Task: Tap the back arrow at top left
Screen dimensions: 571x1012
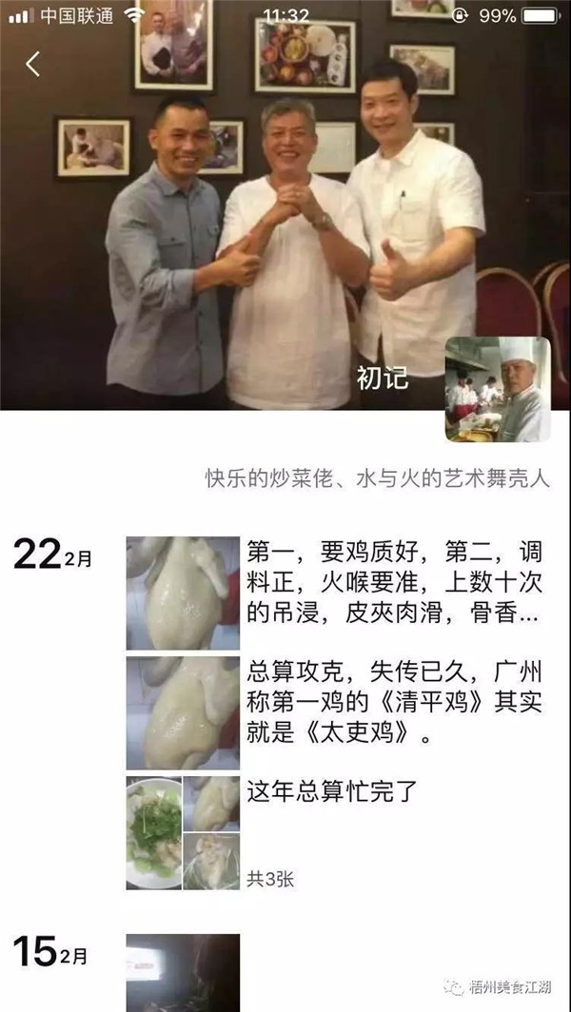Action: point(33,64)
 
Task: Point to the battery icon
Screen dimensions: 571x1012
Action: point(541,15)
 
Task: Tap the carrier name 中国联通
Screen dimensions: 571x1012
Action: point(76,16)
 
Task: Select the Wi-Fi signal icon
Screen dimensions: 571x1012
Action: point(134,15)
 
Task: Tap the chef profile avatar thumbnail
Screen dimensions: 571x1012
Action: point(498,389)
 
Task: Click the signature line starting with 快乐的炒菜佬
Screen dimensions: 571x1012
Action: point(378,479)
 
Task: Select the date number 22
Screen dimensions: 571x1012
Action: point(37,555)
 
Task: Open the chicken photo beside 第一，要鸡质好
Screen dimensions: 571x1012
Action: point(183,594)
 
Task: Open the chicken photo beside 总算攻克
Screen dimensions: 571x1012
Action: point(183,713)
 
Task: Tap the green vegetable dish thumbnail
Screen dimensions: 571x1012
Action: point(154,833)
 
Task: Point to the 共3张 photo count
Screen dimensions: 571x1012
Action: point(270,879)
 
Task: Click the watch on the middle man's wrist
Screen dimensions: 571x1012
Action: point(322,222)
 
